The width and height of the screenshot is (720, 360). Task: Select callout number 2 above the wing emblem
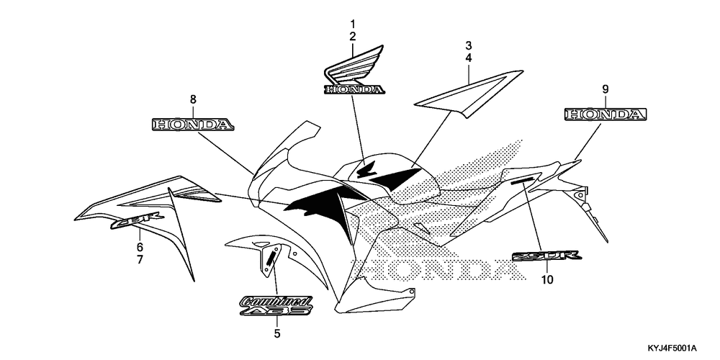[x=353, y=36]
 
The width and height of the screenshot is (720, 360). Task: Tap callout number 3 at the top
[x=468, y=45]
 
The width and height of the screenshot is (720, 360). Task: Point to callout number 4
[x=468, y=57]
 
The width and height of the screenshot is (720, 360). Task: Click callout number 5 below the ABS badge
[x=277, y=333]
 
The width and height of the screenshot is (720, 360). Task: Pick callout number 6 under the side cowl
[x=140, y=246]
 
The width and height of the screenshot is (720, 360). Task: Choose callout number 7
[x=140, y=258]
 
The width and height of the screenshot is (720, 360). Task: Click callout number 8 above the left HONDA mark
[x=193, y=99]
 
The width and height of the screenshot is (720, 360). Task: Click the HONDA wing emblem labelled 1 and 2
[x=354, y=76]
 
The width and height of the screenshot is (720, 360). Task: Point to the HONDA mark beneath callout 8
[x=193, y=125]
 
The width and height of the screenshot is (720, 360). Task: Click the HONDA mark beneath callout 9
[x=605, y=114]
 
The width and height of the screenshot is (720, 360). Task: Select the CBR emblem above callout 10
[x=547, y=256]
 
